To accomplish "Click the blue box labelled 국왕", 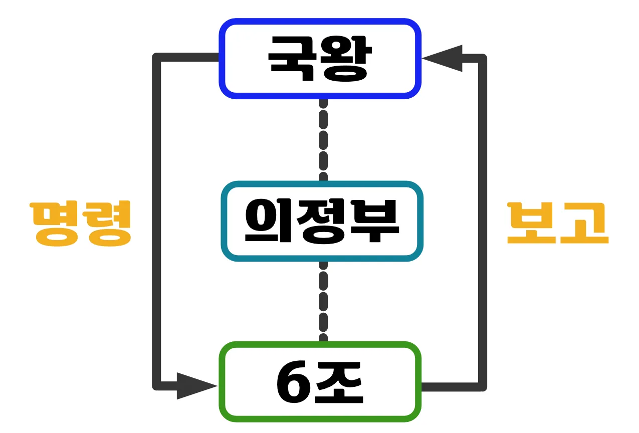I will coord(320,59).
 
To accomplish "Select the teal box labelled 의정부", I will coord(322,221).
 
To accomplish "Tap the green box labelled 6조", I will coord(320,382).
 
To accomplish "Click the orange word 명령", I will coord(81,224).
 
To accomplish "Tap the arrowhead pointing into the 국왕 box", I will coord(442,58).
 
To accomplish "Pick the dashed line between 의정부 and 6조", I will coord(323,301).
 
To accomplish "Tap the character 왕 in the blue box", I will coord(345,59).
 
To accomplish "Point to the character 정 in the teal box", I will coord(322,221).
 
